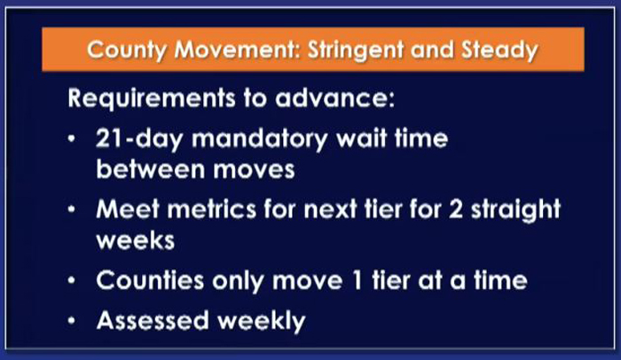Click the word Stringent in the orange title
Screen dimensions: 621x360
pyautogui.click(x=356, y=51)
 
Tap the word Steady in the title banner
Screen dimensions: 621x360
pyautogui.click(x=499, y=51)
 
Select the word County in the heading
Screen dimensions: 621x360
pyautogui.click(x=127, y=51)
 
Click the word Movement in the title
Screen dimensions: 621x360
pyautogui.click(x=237, y=50)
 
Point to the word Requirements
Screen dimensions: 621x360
pyautogui.click(x=152, y=98)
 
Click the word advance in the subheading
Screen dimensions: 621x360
pyautogui.click(x=334, y=98)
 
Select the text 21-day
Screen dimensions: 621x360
pyautogui.click(x=139, y=139)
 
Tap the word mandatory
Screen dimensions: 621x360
pyautogui.click(x=260, y=139)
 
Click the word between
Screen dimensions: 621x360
pyautogui.click(x=151, y=169)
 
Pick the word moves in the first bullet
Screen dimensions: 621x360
pyautogui.click(x=254, y=170)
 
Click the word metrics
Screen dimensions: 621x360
pyautogui.click(x=211, y=208)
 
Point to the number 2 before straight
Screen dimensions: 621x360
pyautogui.click(x=455, y=208)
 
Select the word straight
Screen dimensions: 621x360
pyautogui.click(x=515, y=209)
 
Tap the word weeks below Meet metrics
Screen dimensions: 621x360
pyautogui.click(x=136, y=240)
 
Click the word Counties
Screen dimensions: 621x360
pyautogui.click(x=150, y=280)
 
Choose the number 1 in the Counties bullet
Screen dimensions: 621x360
pyautogui.click(x=357, y=280)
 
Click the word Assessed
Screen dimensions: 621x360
pyautogui.click(x=153, y=320)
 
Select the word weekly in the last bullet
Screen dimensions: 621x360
pyautogui.click(x=262, y=321)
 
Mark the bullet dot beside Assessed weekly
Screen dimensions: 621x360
pyautogui.click(x=71, y=320)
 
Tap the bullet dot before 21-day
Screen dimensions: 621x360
pyautogui.click(x=71, y=139)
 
